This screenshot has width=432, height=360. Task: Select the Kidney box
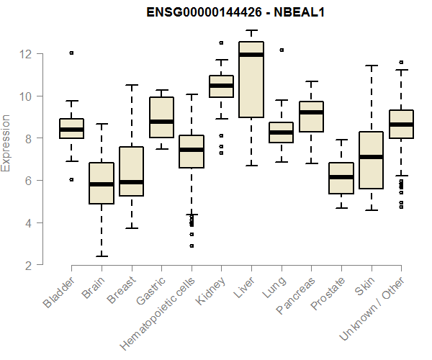221,86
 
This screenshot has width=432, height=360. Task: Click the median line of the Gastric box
161,122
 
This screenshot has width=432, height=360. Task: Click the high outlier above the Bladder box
71,53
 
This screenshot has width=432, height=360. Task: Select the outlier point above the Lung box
281,50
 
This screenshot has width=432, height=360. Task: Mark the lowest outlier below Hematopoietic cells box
192,246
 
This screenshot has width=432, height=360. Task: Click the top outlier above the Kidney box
221,42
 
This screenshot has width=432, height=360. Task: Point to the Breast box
131,171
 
